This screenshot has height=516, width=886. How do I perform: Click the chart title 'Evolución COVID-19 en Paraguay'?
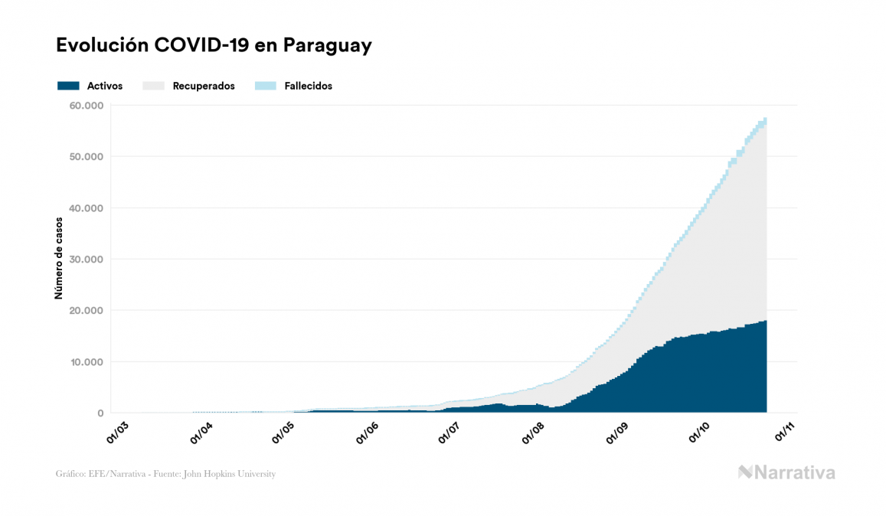tap(214, 45)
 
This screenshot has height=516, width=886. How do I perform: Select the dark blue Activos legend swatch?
tap(68, 86)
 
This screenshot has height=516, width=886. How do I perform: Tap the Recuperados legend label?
tap(204, 86)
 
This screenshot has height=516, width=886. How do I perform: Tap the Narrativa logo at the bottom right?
tap(786, 472)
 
